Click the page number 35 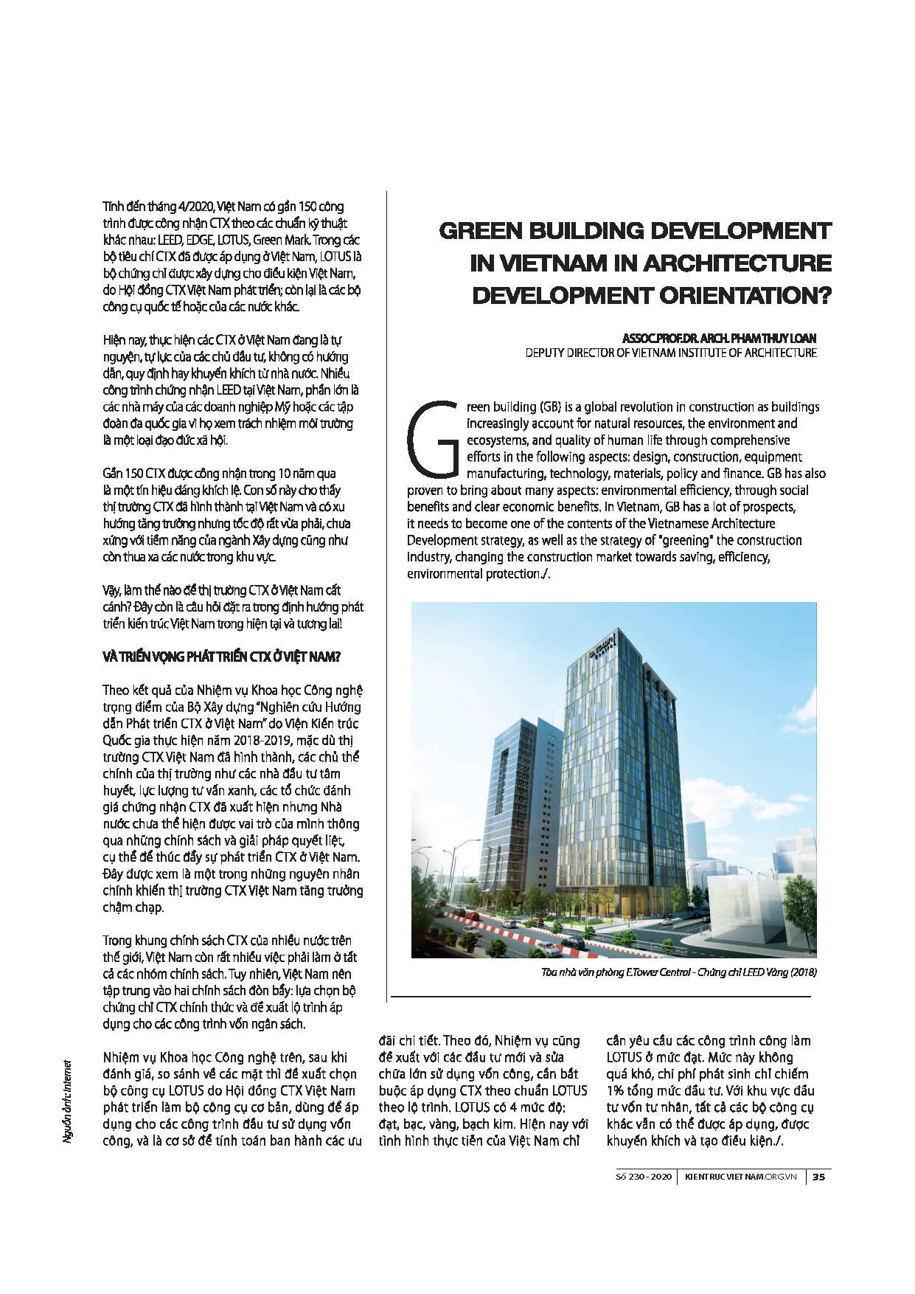(x=818, y=1177)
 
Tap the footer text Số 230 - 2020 (x=644, y=1177)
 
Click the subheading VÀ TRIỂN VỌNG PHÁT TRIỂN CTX (x=221, y=657)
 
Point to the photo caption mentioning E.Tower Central (x=678, y=972)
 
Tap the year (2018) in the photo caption (x=802, y=972)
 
